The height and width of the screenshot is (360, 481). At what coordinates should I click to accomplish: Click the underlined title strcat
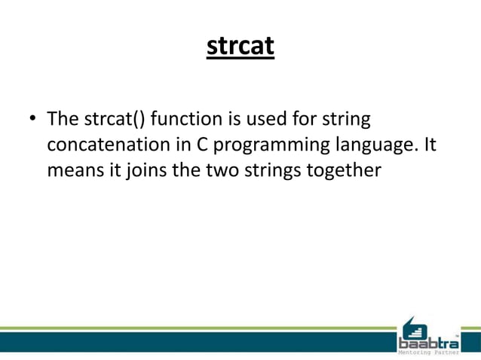pos(240,46)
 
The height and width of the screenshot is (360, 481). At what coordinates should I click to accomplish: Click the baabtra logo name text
pos(427,343)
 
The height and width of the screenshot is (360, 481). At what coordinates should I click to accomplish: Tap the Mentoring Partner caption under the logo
pos(427,353)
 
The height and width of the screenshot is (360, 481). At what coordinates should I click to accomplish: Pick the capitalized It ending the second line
pos(428,145)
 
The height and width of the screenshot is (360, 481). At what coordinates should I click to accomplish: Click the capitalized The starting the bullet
pos(61,121)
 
